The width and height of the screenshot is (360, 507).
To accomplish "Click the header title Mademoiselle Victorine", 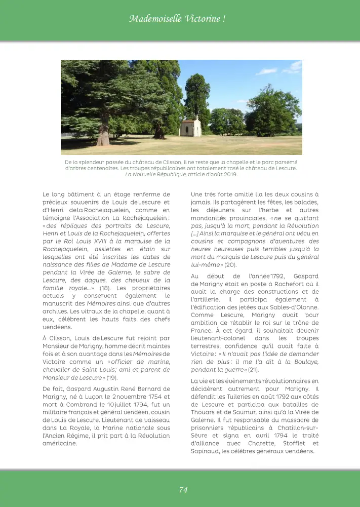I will click(x=177, y=19).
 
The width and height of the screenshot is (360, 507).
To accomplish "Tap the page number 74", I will click(x=183, y=489).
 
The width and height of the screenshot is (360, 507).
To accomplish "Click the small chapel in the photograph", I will click(x=190, y=127).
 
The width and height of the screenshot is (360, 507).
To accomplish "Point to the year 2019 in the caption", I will click(x=230, y=175).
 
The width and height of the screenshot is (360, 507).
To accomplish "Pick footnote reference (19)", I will click(x=112, y=377).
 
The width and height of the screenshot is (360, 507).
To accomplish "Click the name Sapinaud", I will click(x=205, y=451).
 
